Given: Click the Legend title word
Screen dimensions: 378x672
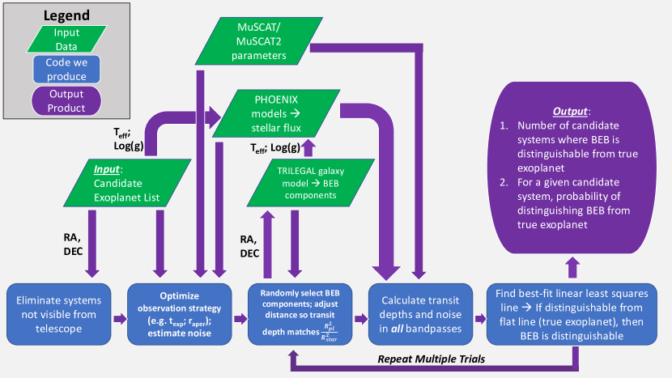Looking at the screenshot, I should coord(67,15).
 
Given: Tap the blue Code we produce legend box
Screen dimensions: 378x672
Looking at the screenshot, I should coord(67,70).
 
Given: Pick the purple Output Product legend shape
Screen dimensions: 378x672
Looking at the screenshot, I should coord(67,101).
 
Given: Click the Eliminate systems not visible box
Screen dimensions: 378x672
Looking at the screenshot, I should coord(54,309).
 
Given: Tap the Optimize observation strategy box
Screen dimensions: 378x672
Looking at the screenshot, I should coord(180,309).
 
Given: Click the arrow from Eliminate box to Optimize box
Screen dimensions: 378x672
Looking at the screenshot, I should coord(117,309).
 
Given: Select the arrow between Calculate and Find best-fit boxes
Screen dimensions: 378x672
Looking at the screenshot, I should coord(475,309).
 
